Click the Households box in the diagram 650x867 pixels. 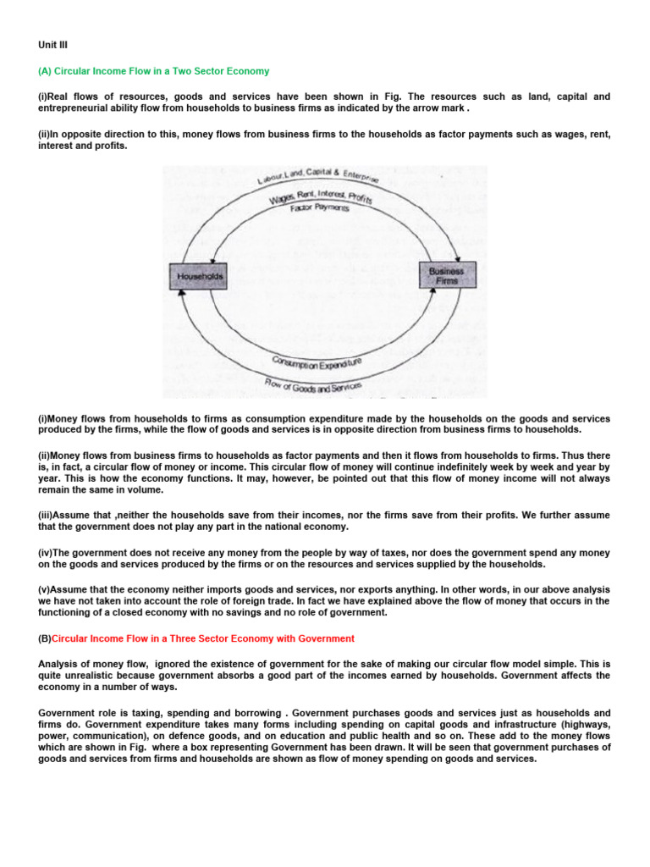[x=199, y=276]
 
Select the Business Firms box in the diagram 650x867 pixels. [x=448, y=275]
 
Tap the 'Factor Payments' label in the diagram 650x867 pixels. [x=320, y=207]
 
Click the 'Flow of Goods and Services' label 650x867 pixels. [x=313, y=386]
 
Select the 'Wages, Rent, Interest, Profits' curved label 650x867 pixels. [x=322, y=196]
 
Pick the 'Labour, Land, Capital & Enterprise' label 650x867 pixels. [x=318, y=179]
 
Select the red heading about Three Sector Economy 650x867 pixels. [x=202, y=638]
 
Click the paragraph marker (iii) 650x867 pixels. [x=47, y=515]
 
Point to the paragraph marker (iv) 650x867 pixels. [x=47, y=553]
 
